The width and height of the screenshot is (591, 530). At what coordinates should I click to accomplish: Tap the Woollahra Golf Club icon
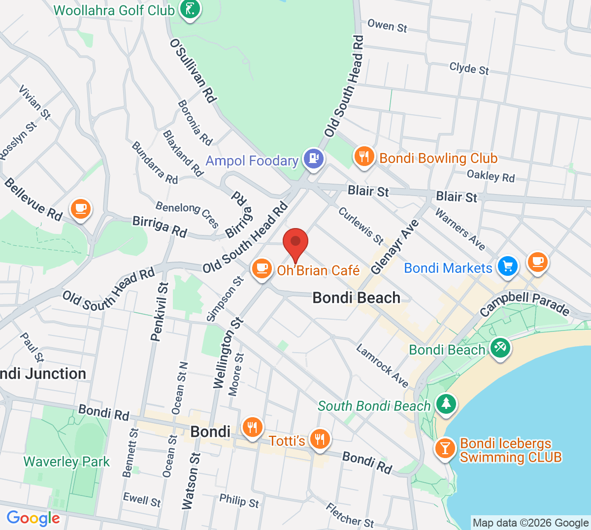pos(190,9)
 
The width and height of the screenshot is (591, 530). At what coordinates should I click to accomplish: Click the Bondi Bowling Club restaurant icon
pos(364,157)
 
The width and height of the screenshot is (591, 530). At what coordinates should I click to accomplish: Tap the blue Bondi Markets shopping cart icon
pos(508,266)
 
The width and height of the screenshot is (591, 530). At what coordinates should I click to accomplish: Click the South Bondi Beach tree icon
pos(446,403)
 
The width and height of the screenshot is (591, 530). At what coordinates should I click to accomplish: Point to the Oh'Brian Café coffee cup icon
pos(262,269)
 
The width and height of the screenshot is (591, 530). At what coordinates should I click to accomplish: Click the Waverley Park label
pos(67,462)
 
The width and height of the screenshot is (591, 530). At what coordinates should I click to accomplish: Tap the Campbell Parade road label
pos(525,303)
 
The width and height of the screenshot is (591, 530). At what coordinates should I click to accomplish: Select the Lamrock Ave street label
pos(383,366)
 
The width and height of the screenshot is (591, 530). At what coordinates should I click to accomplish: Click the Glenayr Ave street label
pos(395,246)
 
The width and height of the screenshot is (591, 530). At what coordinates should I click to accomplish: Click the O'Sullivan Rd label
pos(193,70)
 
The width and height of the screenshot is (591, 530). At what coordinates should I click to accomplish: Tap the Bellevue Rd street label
pos(33,199)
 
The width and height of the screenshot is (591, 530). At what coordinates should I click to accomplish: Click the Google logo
pos(33,518)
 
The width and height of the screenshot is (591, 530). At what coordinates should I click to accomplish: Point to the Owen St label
pos(387,26)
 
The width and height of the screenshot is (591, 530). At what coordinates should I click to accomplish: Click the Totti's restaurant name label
pos(287,440)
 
